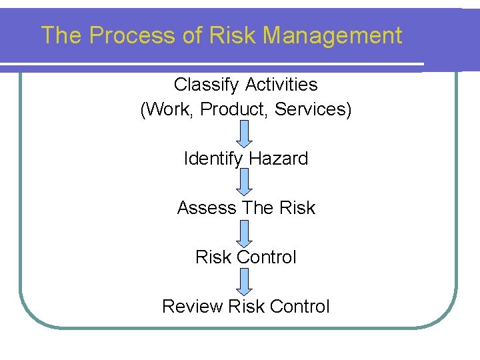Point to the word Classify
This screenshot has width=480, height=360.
pyautogui.click(x=207, y=85)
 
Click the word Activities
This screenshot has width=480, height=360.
pyautogui.click(x=281, y=85)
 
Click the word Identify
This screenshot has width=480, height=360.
pyautogui.click(x=213, y=159)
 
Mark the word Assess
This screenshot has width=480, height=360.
pyautogui.click(x=206, y=208)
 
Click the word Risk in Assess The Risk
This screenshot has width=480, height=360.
pyautogui.click(x=297, y=208)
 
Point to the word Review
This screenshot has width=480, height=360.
pyautogui.click(x=192, y=307)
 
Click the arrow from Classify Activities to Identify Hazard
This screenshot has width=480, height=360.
pyautogui.click(x=245, y=133)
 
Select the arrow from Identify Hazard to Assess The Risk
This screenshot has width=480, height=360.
pyautogui.click(x=245, y=183)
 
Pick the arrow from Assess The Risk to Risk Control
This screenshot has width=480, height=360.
pyautogui.click(x=245, y=233)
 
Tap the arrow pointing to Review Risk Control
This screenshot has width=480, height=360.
pyautogui.click(x=245, y=281)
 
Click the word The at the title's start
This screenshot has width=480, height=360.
pyautogui.click(x=61, y=35)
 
